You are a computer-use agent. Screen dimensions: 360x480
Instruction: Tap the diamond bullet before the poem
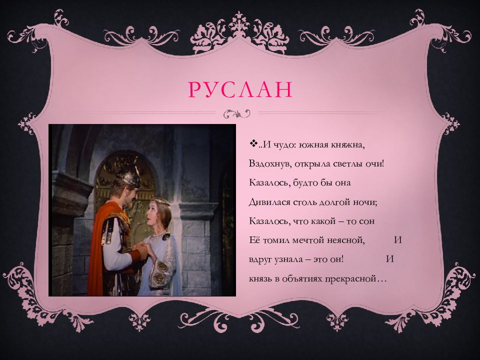coord(252,144)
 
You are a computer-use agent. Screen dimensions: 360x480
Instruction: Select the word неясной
coord(347,239)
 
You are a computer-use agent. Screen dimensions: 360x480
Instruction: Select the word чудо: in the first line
coord(283,145)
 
